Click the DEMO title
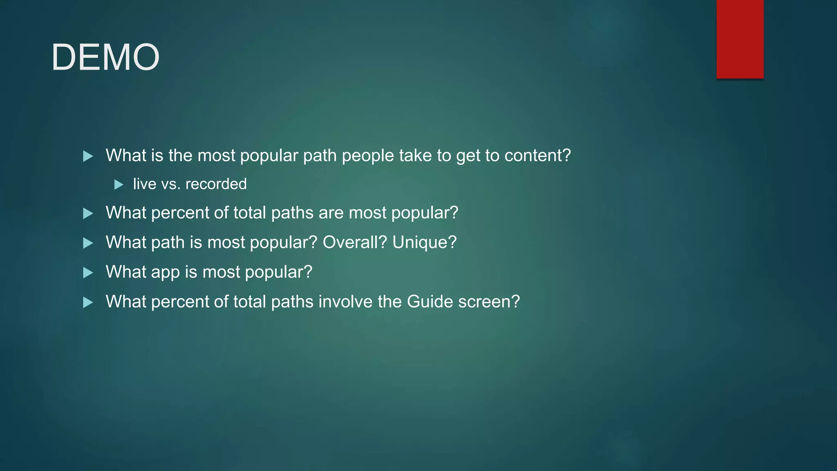105,57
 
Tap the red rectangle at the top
740,39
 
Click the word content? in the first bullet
537,155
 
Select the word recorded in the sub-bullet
216,184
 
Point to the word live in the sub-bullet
145,184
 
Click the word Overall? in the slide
355,242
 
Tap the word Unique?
424,242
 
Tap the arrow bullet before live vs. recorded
119,185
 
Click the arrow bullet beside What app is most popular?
88,273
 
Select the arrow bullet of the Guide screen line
88,303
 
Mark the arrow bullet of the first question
88,156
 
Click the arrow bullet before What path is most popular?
88,243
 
